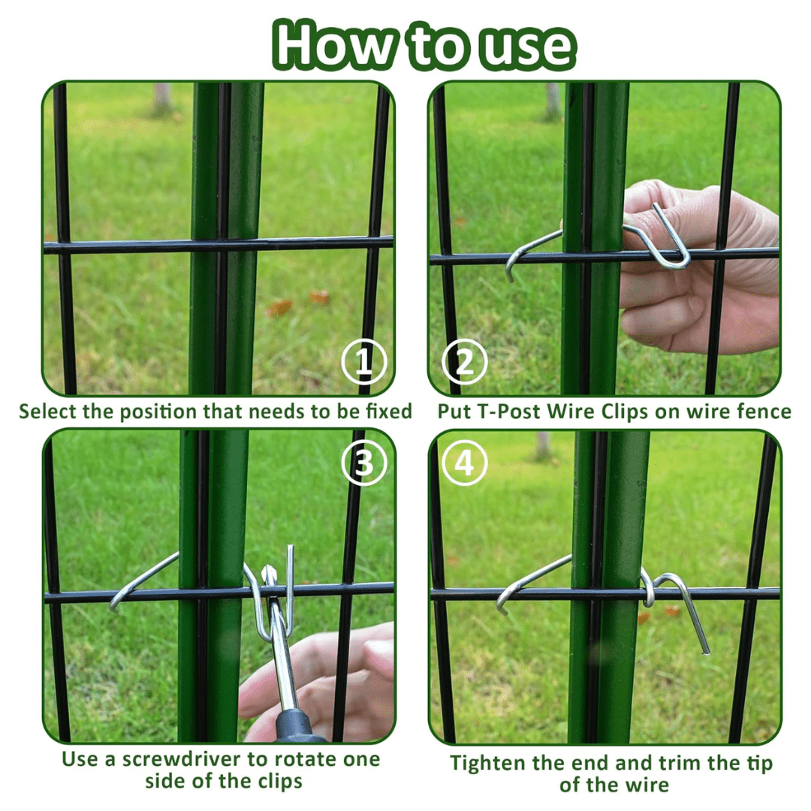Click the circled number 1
click(x=364, y=362)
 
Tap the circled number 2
click(x=465, y=362)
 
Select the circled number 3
click(x=364, y=463)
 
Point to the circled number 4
click(x=465, y=463)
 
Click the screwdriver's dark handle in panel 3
click(x=297, y=724)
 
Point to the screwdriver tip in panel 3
click(x=268, y=572)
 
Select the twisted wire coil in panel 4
click(x=647, y=589)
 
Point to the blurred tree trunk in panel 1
click(x=162, y=98)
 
